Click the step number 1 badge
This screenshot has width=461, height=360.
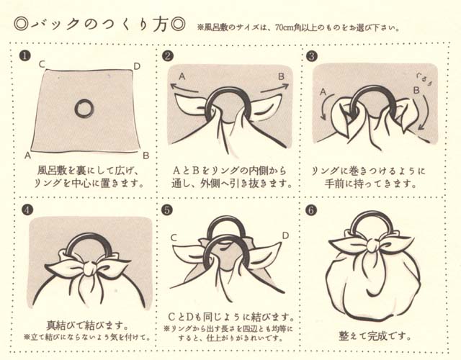click(x=25, y=55)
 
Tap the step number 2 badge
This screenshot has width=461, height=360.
click(x=168, y=55)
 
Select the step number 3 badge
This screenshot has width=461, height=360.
click(x=311, y=55)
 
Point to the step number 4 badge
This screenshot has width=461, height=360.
click(x=25, y=210)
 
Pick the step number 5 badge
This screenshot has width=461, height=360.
click(x=168, y=210)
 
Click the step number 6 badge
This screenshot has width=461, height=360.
click(x=311, y=210)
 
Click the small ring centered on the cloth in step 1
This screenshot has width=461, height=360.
click(x=84, y=109)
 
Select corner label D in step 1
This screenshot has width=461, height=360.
click(x=137, y=66)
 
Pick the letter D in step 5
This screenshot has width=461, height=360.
click(x=285, y=235)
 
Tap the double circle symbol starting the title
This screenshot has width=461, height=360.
click(x=22, y=23)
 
